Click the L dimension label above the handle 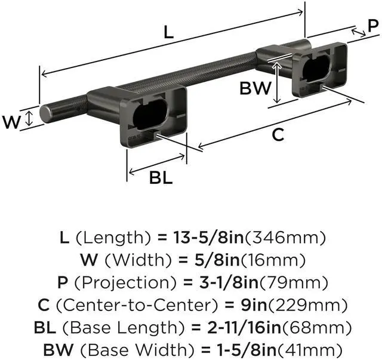168,33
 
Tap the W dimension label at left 11,122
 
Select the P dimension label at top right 372,26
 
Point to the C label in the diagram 278,135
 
